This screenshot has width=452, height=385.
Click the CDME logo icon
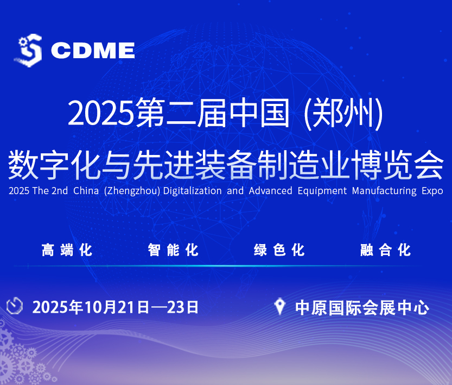tap(28, 49)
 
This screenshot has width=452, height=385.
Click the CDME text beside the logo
tap(93, 51)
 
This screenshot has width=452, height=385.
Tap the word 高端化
tap(67, 250)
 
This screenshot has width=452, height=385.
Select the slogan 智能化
tap(173, 250)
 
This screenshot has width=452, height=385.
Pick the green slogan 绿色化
tap(279, 250)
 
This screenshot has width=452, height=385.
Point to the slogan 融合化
tap(385, 250)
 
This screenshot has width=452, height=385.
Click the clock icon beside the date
tap(15, 306)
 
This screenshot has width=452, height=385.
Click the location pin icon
tap(280, 307)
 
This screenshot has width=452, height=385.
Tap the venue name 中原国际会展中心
tap(362, 308)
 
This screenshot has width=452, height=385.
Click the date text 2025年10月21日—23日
tap(116, 307)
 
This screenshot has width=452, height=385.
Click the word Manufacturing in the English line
tap(384, 191)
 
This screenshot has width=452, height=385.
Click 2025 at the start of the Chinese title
tap(101, 113)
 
